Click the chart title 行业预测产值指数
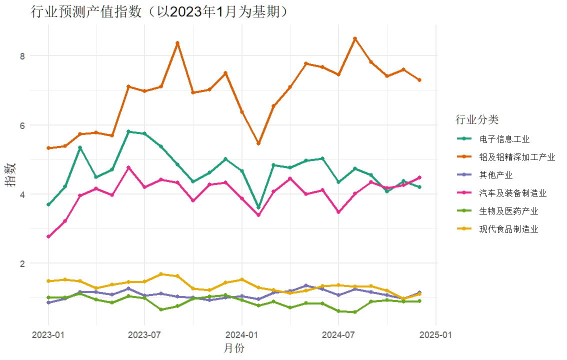pos(160,11)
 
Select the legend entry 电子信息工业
pos(504,139)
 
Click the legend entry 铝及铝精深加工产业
pos(517,157)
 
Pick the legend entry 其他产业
pos(495,175)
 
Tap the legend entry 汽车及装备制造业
pos(512,193)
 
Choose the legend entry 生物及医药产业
pos(508,211)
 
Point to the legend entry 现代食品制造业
pos(508,229)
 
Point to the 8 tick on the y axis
pos(22,55)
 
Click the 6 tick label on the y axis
pos(22,125)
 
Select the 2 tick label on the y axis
pos(22,263)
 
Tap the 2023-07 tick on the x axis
pos(144,334)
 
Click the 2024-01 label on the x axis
pos(241,334)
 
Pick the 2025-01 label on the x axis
pos(436,334)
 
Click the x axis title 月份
pos(234,348)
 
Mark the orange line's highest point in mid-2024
pos(355,38)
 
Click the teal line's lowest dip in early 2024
pos(258,207)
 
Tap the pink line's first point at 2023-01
pos(48,236)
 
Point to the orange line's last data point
pos(419,80)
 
